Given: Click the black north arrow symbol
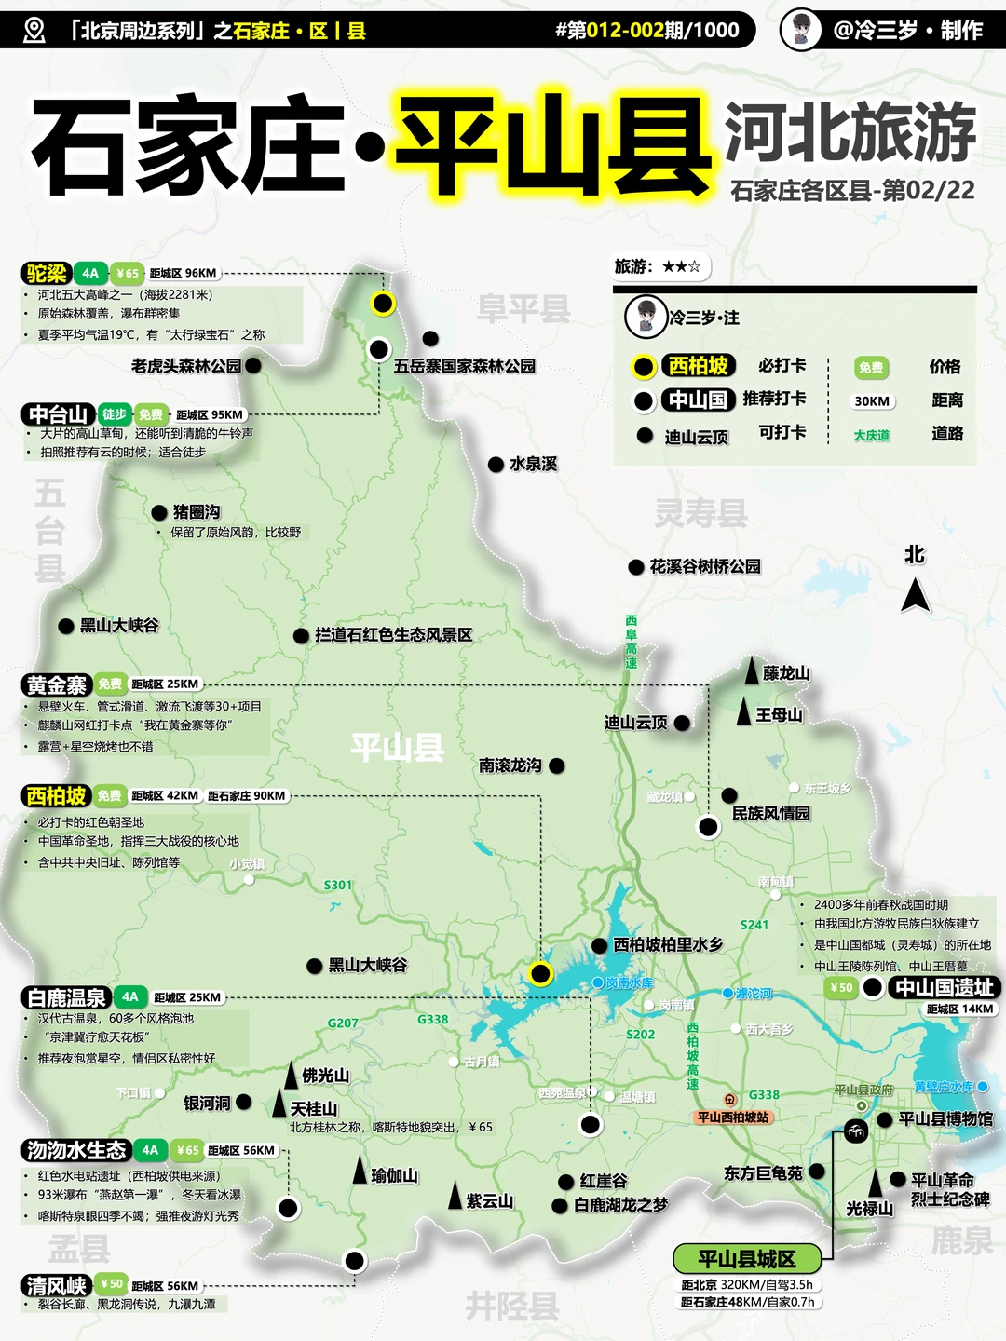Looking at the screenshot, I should click(x=915, y=594).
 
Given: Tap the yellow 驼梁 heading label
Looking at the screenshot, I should click(x=47, y=273).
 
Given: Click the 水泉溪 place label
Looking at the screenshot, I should click(x=533, y=464).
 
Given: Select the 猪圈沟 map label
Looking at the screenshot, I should click(x=197, y=511).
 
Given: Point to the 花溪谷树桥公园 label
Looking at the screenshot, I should click(x=705, y=566).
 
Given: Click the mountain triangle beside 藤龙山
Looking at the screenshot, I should click(x=752, y=670).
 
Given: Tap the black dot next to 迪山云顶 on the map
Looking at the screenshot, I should click(x=682, y=723).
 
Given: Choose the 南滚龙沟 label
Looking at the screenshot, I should click(x=510, y=765).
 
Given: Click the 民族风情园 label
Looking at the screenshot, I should click(x=771, y=813).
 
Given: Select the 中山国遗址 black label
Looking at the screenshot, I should click(x=944, y=987).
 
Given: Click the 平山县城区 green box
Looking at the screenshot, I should click(x=747, y=1259).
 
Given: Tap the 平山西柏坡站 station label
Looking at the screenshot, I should click(x=733, y=1117).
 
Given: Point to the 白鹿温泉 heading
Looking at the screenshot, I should click(x=67, y=997).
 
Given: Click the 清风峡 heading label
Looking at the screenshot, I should click(x=56, y=1286).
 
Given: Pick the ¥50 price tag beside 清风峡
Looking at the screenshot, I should click(x=111, y=1284).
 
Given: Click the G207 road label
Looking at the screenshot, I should click(x=343, y=1023).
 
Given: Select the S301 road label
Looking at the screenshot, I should click(x=338, y=885).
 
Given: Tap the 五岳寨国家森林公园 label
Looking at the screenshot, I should click(x=465, y=366).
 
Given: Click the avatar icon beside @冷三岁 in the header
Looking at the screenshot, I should click(x=801, y=30).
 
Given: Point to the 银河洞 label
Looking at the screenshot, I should click(x=207, y=1103).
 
